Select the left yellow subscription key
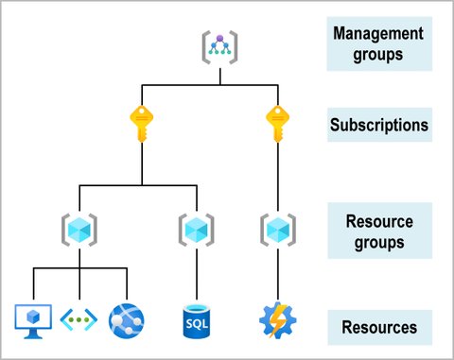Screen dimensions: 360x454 (x=141, y=124)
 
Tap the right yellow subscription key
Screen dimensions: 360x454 (x=275, y=124)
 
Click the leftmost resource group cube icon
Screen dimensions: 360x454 (x=79, y=230)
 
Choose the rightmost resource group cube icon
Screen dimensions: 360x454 (x=275, y=230)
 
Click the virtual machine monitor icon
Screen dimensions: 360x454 (x=34, y=319)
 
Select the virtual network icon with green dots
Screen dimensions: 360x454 (x=79, y=320)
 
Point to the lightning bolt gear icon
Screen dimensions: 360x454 (x=275, y=320)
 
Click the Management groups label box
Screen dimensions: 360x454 (x=378, y=43)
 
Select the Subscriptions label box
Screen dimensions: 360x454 (x=378, y=124)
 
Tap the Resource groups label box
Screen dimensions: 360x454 (x=378, y=230)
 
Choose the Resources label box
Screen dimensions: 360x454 (x=378, y=328)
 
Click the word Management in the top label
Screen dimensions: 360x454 (x=378, y=34)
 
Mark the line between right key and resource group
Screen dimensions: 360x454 (x=275, y=180)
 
